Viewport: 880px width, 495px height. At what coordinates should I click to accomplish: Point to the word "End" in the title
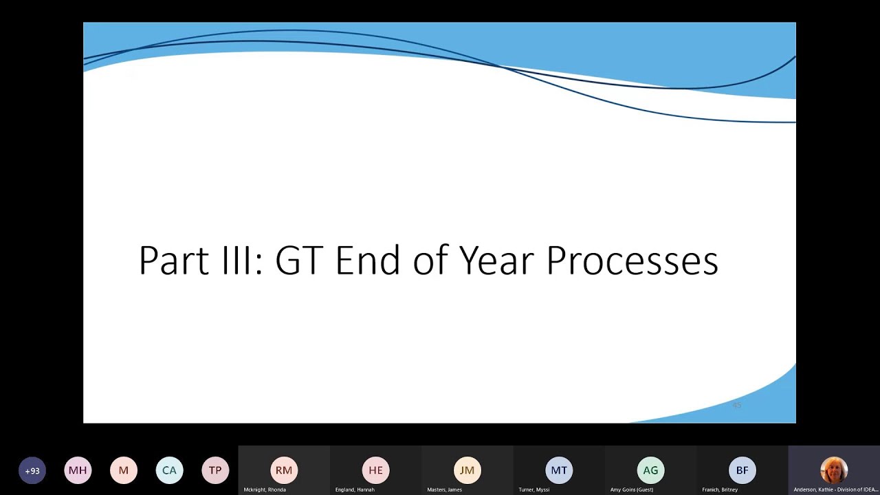click(367, 261)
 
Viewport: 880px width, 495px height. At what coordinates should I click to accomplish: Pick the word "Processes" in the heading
click(632, 261)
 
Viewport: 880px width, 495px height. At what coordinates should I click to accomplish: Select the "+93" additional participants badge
click(32, 471)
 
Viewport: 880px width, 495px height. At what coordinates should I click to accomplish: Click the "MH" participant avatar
click(78, 471)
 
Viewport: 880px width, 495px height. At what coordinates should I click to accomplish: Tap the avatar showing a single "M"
click(124, 471)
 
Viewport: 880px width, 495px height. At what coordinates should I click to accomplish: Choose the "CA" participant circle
click(169, 471)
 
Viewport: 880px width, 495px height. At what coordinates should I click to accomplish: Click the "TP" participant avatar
click(215, 471)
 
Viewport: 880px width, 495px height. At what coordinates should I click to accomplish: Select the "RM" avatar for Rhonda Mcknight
click(284, 470)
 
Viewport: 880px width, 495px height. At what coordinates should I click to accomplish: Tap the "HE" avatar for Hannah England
click(375, 470)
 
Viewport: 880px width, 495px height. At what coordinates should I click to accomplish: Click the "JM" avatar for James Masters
click(467, 470)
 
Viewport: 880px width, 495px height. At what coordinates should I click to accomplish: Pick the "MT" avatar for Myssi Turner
click(559, 470)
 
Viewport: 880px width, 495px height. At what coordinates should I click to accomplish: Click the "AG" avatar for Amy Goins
click(650, 470)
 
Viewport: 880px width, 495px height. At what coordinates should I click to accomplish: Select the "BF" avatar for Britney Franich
click(742, 470)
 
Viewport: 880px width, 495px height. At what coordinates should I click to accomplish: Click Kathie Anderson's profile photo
click(833, 470)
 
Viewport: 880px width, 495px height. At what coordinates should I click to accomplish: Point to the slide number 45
click(736, 406)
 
